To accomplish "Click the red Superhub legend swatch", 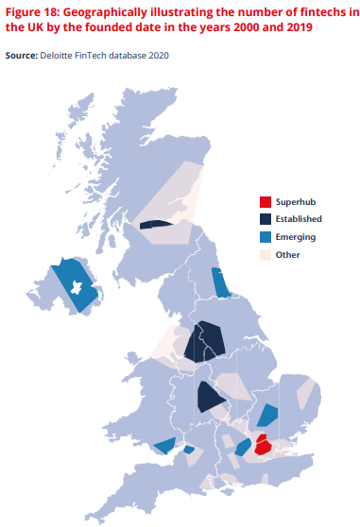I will pos(266,201).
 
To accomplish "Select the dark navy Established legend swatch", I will pos(266,219).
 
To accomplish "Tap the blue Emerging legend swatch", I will pos(266,237).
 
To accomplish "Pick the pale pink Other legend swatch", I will pos(266,255).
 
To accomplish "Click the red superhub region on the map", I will pos(264,443).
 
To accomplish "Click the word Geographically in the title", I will pos(115,12).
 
